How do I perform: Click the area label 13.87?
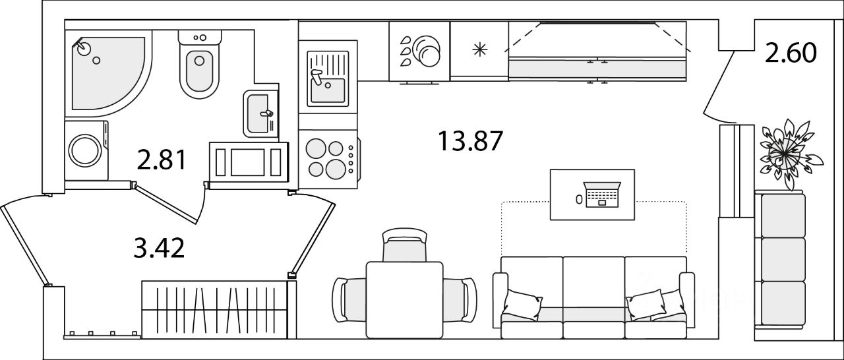pyautogui.click(x=470, y=141)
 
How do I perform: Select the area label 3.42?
pyautogui.click(x=158, y=249)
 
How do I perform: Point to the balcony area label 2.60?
pyautogui.click(x=791, y=52)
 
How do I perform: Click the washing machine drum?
pyautogui.click(x=86, y=150)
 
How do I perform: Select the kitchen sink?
pyautogui.click(x=328, y=79)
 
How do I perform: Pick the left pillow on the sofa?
pyautogui.click(x=522, y=305)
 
